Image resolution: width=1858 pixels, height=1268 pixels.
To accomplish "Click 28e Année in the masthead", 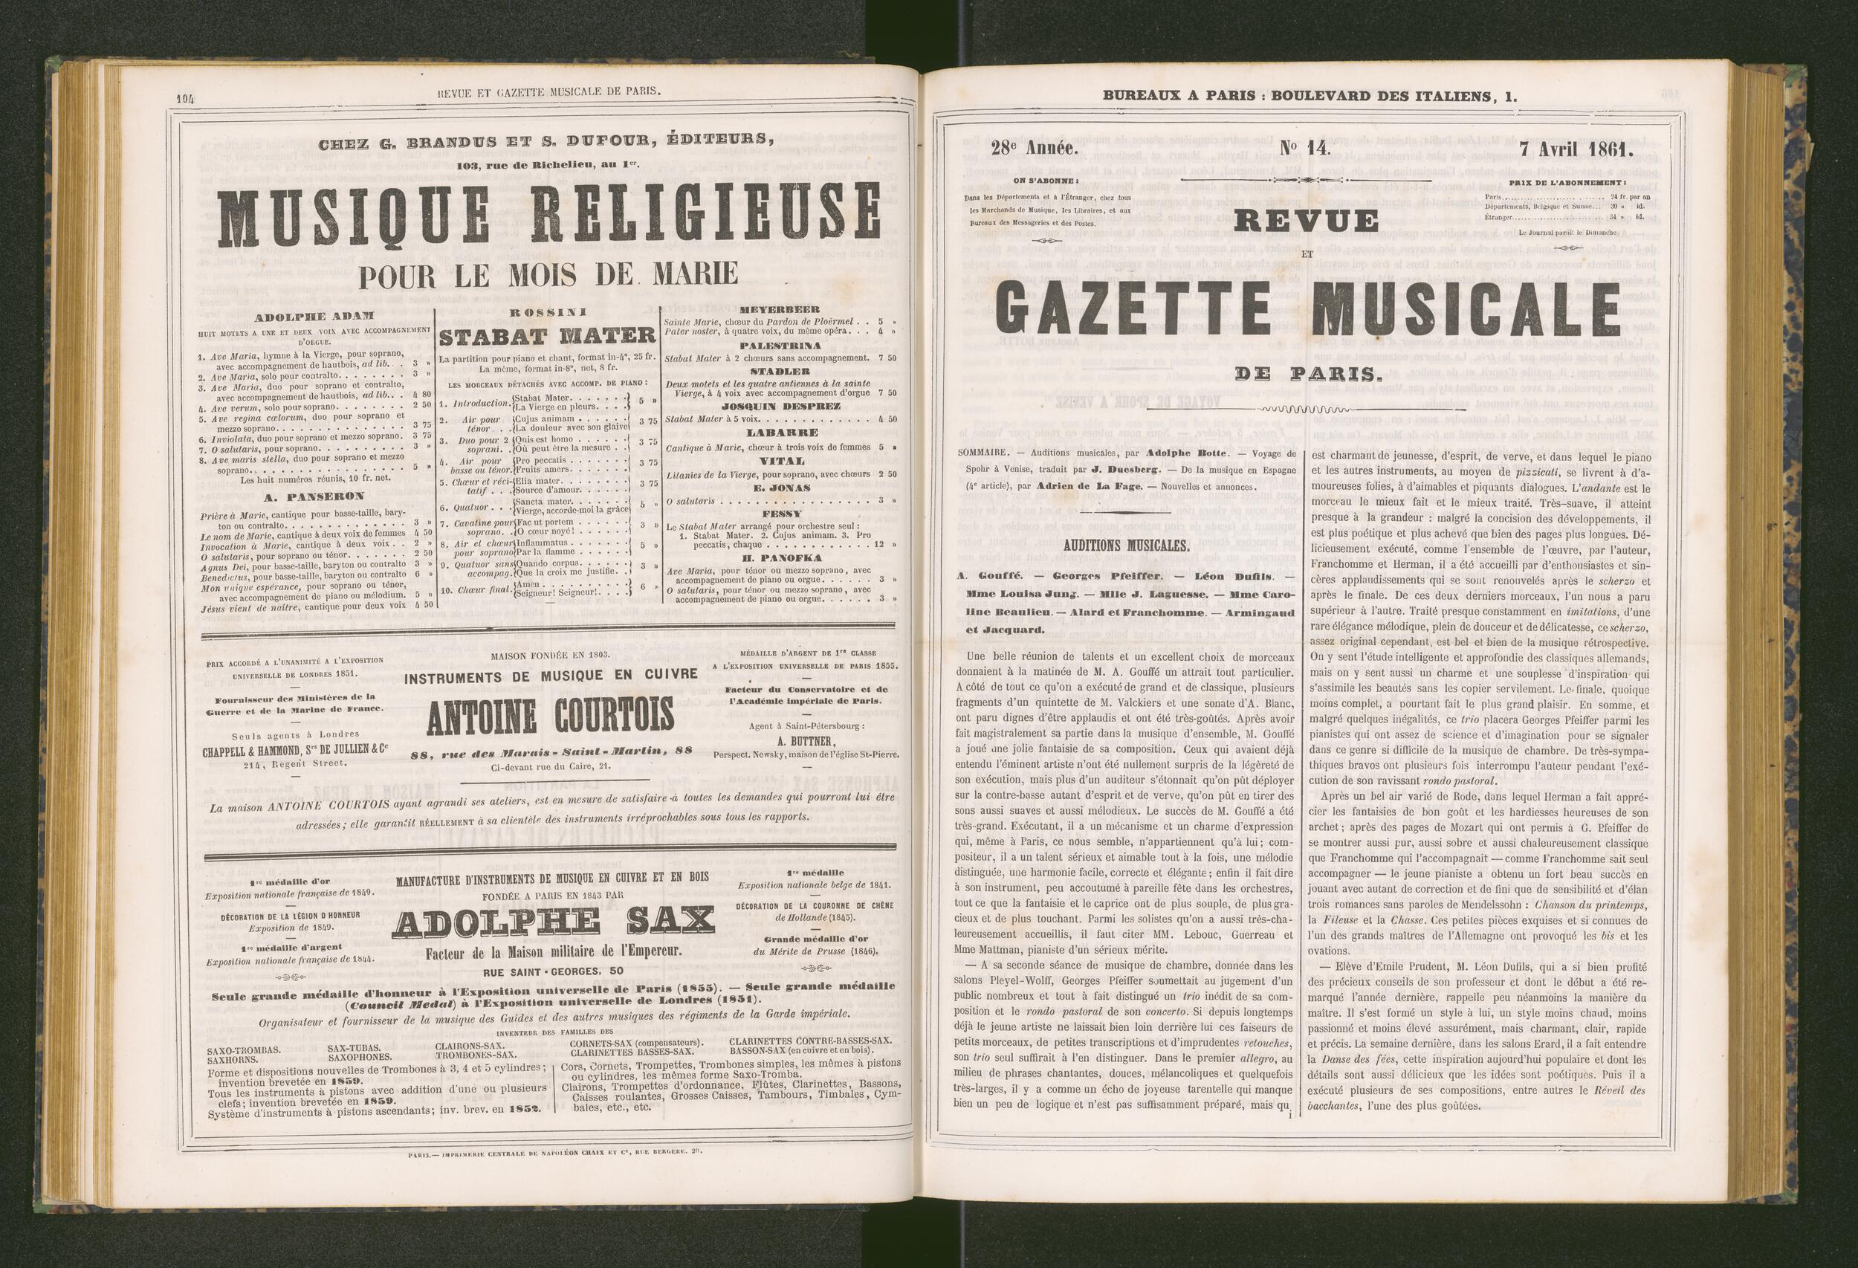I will point(1035,148).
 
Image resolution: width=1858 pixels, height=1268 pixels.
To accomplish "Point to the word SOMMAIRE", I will point(980,453).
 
